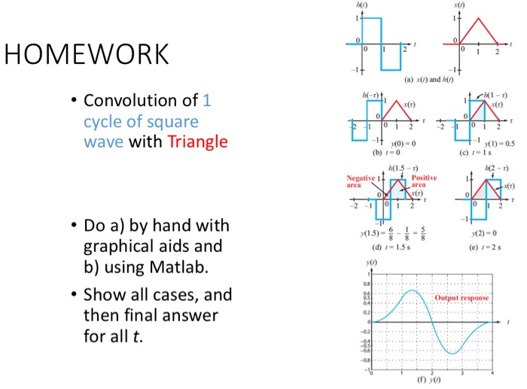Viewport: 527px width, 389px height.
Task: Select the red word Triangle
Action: point(198,141)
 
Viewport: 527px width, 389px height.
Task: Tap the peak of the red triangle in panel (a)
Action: point(477,18)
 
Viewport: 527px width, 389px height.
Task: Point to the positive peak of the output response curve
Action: point(411,290)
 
